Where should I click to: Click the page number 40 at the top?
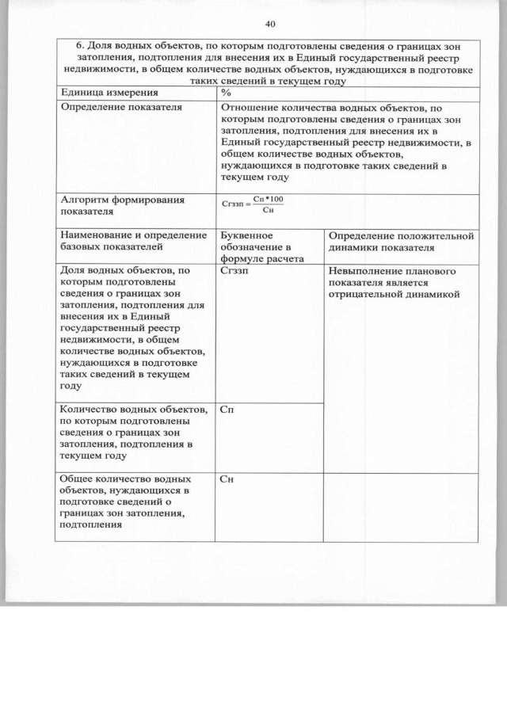pyautogui.click(x=270, y=24)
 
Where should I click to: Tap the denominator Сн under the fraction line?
pyautogui.click(x=267, y=210)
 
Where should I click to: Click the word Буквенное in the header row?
pyautogui.click(x=247, y=235)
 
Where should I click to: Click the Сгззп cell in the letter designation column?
pyautogui.click(x=234, y=271)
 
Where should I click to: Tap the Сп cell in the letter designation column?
pyautogui.click(x=227, y=410)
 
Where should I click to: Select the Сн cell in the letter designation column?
pyautogui.click(x=227, y=479)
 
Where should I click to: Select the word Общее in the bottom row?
pyautogui.click(x=78, y=479)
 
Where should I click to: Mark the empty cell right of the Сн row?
pyautogui.click(x=400, y=507)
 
